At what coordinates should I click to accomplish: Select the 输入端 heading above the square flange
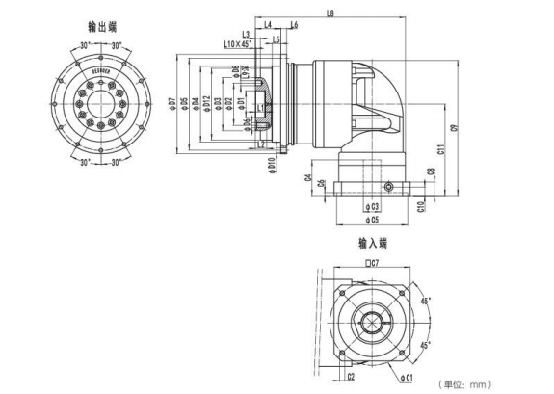[371, 243]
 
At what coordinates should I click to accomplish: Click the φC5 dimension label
[370, 221]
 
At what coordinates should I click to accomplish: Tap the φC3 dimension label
[371, 206]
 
